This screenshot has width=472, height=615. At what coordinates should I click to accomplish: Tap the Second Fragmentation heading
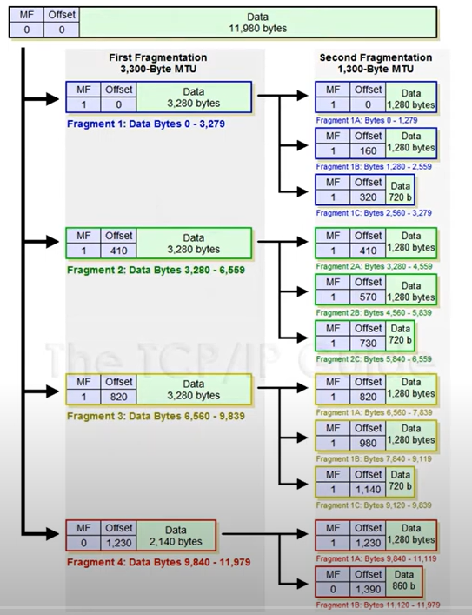click(376, 57)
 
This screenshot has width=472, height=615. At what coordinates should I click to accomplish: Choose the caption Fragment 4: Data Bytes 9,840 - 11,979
click(146, 561)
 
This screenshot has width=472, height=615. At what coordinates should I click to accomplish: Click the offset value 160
click(368, 150)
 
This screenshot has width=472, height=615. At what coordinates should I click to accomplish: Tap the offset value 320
click(368, 197)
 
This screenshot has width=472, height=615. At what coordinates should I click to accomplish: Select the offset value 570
click(368, 297)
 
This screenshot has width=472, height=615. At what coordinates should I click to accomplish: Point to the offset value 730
click(368, 343)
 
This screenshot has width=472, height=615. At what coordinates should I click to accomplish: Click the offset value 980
click(368, 443)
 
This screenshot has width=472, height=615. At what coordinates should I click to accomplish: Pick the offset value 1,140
click(368, 489)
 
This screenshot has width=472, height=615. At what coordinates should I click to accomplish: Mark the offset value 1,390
click(368, 589)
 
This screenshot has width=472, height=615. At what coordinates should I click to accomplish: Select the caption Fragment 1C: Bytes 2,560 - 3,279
click(374, 212)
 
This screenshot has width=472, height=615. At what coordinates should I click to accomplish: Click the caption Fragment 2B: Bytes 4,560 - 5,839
click(374, 311)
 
